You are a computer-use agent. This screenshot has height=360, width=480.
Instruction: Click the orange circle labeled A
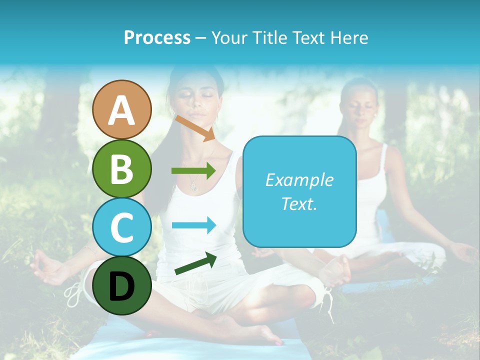pyautogui.click(x=122, y=109)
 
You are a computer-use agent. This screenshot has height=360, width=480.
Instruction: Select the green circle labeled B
pyautogui.click(x=122, y=168)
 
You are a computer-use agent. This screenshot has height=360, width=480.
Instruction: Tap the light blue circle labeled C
pyautogui.click(x=122, y=227)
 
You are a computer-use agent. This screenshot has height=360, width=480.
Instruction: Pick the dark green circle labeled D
pyautogui.click(x=122, y=285)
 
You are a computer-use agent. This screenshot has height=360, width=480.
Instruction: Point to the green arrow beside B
pyautogui.click(x=193, y=171)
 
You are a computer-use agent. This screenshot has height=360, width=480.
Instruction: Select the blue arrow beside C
pyautogui.click(x=194, y=225)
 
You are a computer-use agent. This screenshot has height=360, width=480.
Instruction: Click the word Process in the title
pyautogui.click(x=157, y=37)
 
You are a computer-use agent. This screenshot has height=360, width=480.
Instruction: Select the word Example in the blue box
pyautogui.click(x=299, y=180)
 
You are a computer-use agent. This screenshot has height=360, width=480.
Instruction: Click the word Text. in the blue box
pyautogui.click(x=299, y=203)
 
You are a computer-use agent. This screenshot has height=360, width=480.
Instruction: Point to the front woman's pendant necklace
pyautogui.click(x=194, y=187)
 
